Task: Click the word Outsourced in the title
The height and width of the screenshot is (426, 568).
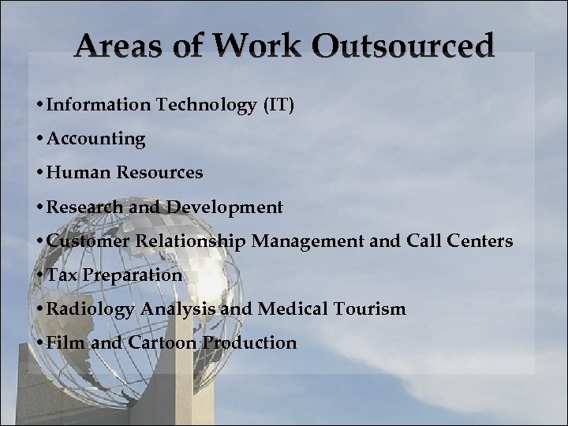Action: click(403, 47)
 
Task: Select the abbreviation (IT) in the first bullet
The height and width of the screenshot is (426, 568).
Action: click(279, 105)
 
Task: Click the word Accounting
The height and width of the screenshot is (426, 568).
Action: click(96, 140)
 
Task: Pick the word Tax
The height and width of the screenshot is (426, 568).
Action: click(61, 275)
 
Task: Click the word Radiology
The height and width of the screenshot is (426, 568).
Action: click(89, 309)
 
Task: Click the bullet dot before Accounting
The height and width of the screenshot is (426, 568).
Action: click(39, 140)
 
